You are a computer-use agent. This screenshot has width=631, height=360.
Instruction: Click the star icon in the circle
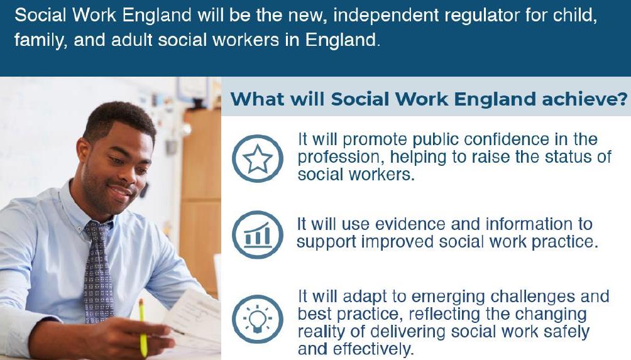[x=256, y=158]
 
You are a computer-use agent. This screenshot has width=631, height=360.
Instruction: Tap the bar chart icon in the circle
[x=256, y=234]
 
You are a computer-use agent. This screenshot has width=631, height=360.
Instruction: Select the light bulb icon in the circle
[x=256, y=318]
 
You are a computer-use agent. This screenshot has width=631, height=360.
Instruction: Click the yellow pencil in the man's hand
[x=143, y=327]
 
